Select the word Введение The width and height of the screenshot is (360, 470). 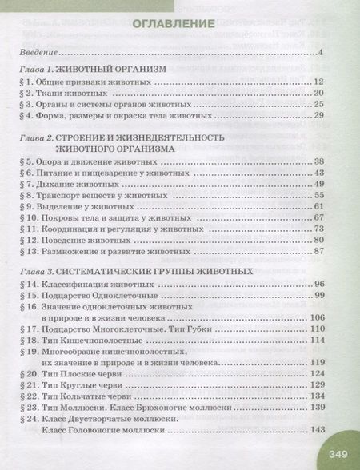pyautogui.click(x=38, y=53)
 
